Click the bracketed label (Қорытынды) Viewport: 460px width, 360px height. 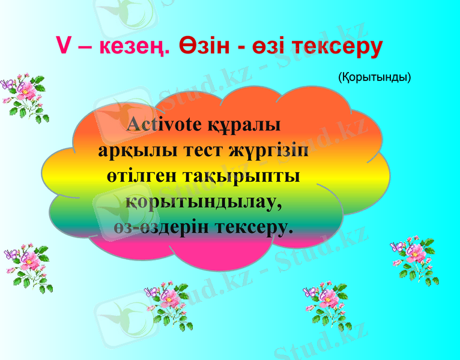(x=374, y=77)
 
